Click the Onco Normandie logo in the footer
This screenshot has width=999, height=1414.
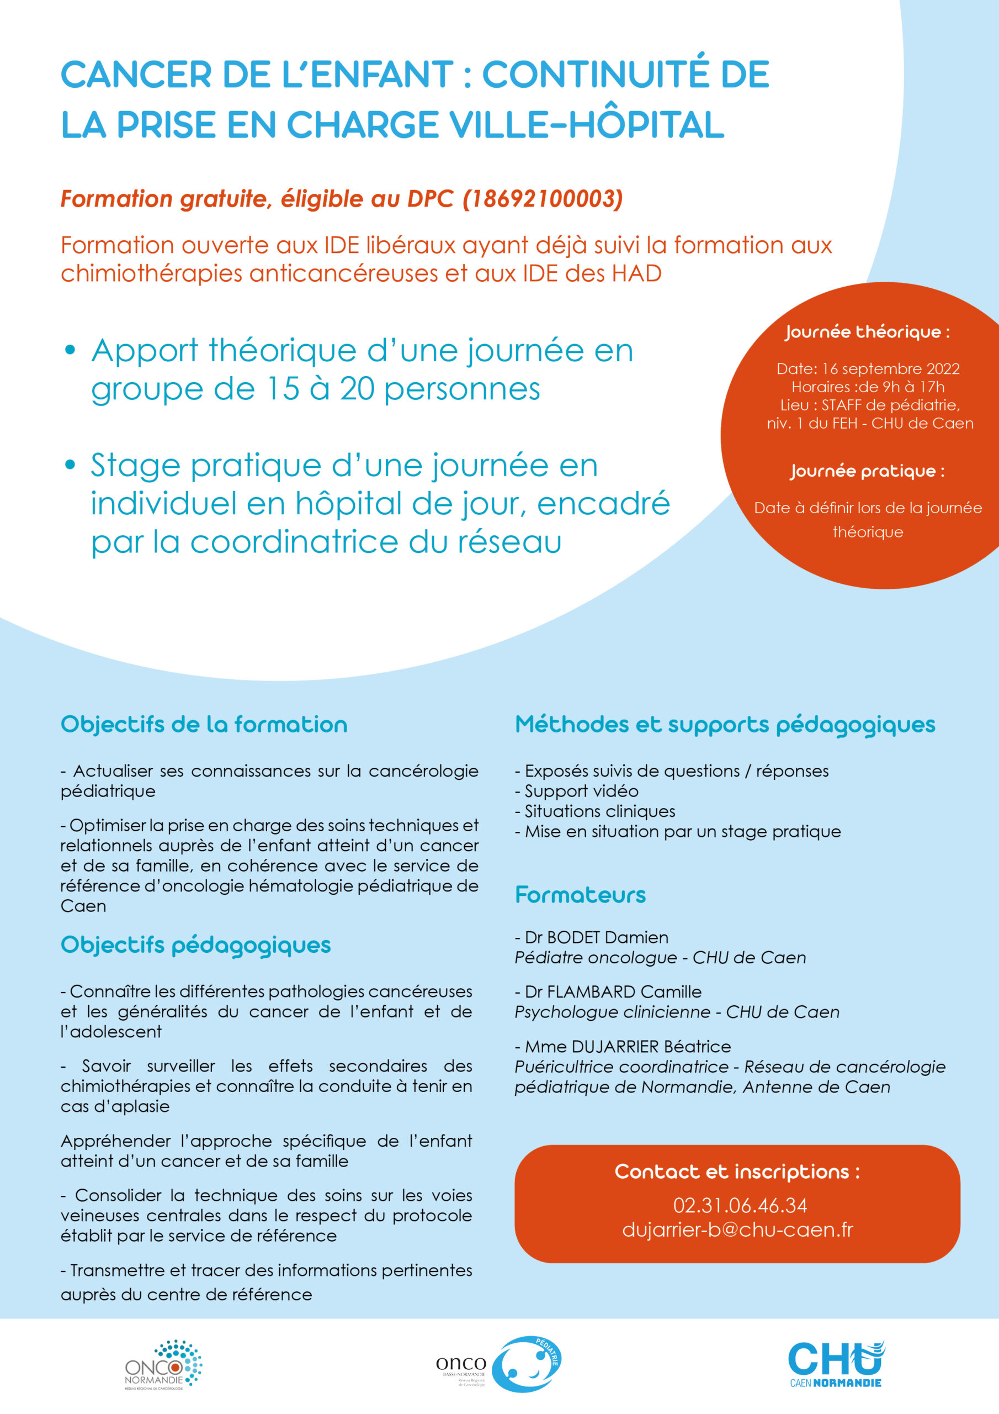coord(163,1365)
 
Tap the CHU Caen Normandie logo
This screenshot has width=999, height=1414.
coord(835,1364)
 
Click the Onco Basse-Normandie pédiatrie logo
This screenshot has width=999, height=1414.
coord(498,1364)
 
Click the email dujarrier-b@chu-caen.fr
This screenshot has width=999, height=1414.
coord(737,1230)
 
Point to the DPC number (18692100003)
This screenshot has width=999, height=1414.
coord(543,199)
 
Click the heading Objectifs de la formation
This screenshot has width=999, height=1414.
coord(204,725)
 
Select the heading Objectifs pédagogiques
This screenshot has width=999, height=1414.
coord(196,945)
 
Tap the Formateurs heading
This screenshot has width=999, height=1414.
coord(580,895)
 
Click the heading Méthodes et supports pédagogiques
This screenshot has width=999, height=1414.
coord(725,725)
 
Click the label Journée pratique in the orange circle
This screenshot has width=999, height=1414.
coord(867,472)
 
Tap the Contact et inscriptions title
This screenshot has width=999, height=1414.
coord(737,1172)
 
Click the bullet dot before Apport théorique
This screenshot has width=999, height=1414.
coord(70,350)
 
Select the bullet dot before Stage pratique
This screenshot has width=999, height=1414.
coord(70,465)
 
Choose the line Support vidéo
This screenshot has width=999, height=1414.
coord(581,792)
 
